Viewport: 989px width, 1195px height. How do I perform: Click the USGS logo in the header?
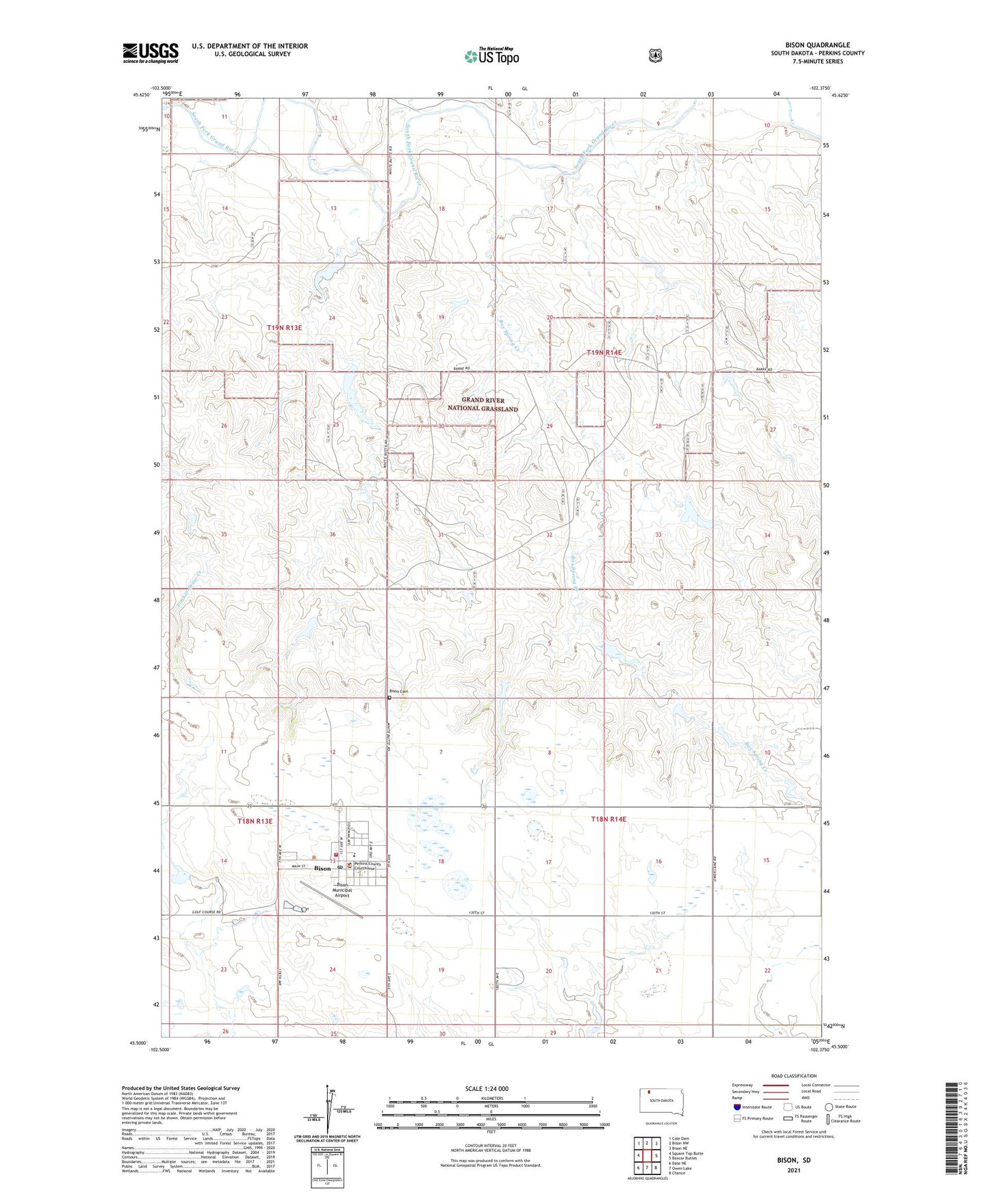(151, 53)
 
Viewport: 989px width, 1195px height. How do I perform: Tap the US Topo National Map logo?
(492, 55)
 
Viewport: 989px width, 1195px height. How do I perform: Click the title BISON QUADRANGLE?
(817, 44)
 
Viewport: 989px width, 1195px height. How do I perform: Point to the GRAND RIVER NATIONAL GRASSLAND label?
(483, 404)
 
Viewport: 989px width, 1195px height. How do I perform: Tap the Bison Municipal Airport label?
(342, 890)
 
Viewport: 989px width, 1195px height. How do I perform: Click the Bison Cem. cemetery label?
(398, 691)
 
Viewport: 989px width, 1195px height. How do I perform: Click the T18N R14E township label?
(608, 819)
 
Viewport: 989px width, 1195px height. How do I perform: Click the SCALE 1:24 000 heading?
(487, 1088)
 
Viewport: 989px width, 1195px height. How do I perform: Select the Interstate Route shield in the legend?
(736, 1107)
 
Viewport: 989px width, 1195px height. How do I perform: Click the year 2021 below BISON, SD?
(793, 1170)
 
